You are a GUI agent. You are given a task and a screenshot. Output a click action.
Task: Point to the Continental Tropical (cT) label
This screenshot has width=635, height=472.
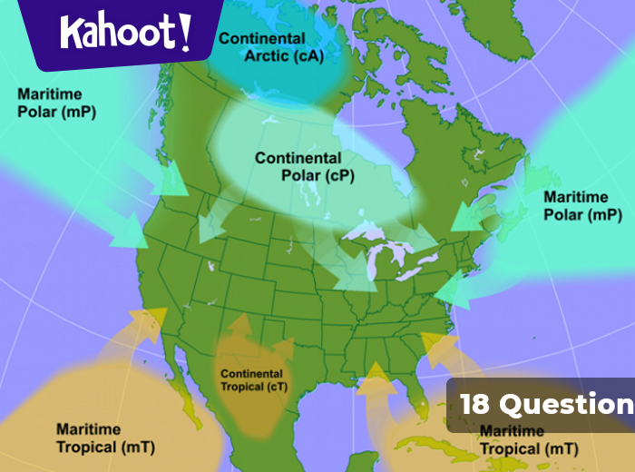coord(251,379)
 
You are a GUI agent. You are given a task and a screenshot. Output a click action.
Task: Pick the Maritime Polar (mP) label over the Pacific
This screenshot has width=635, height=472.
coord(56,103)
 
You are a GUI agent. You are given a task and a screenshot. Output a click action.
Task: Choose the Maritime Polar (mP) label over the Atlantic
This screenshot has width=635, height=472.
coord(581,206)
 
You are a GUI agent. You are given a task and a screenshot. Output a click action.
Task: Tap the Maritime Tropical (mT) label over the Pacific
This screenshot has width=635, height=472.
coord(105,438)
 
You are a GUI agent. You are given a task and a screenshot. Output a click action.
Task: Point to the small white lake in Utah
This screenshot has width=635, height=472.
coord(210,267)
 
